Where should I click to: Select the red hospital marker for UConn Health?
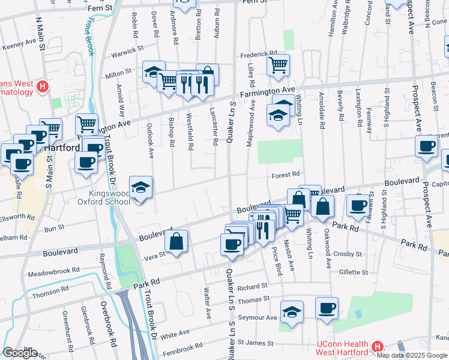coord(377,347)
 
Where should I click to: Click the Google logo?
coord(20,353)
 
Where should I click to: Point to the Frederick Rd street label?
coord(259,53)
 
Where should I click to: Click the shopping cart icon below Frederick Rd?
coord(278,64)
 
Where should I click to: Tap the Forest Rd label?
coord(285,175)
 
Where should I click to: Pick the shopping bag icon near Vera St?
coord(176,242)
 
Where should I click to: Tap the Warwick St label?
coord(128,51)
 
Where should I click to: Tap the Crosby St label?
coord(349,254)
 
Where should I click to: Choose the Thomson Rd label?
coord(51,292)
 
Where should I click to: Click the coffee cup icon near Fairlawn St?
coord(358,205)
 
